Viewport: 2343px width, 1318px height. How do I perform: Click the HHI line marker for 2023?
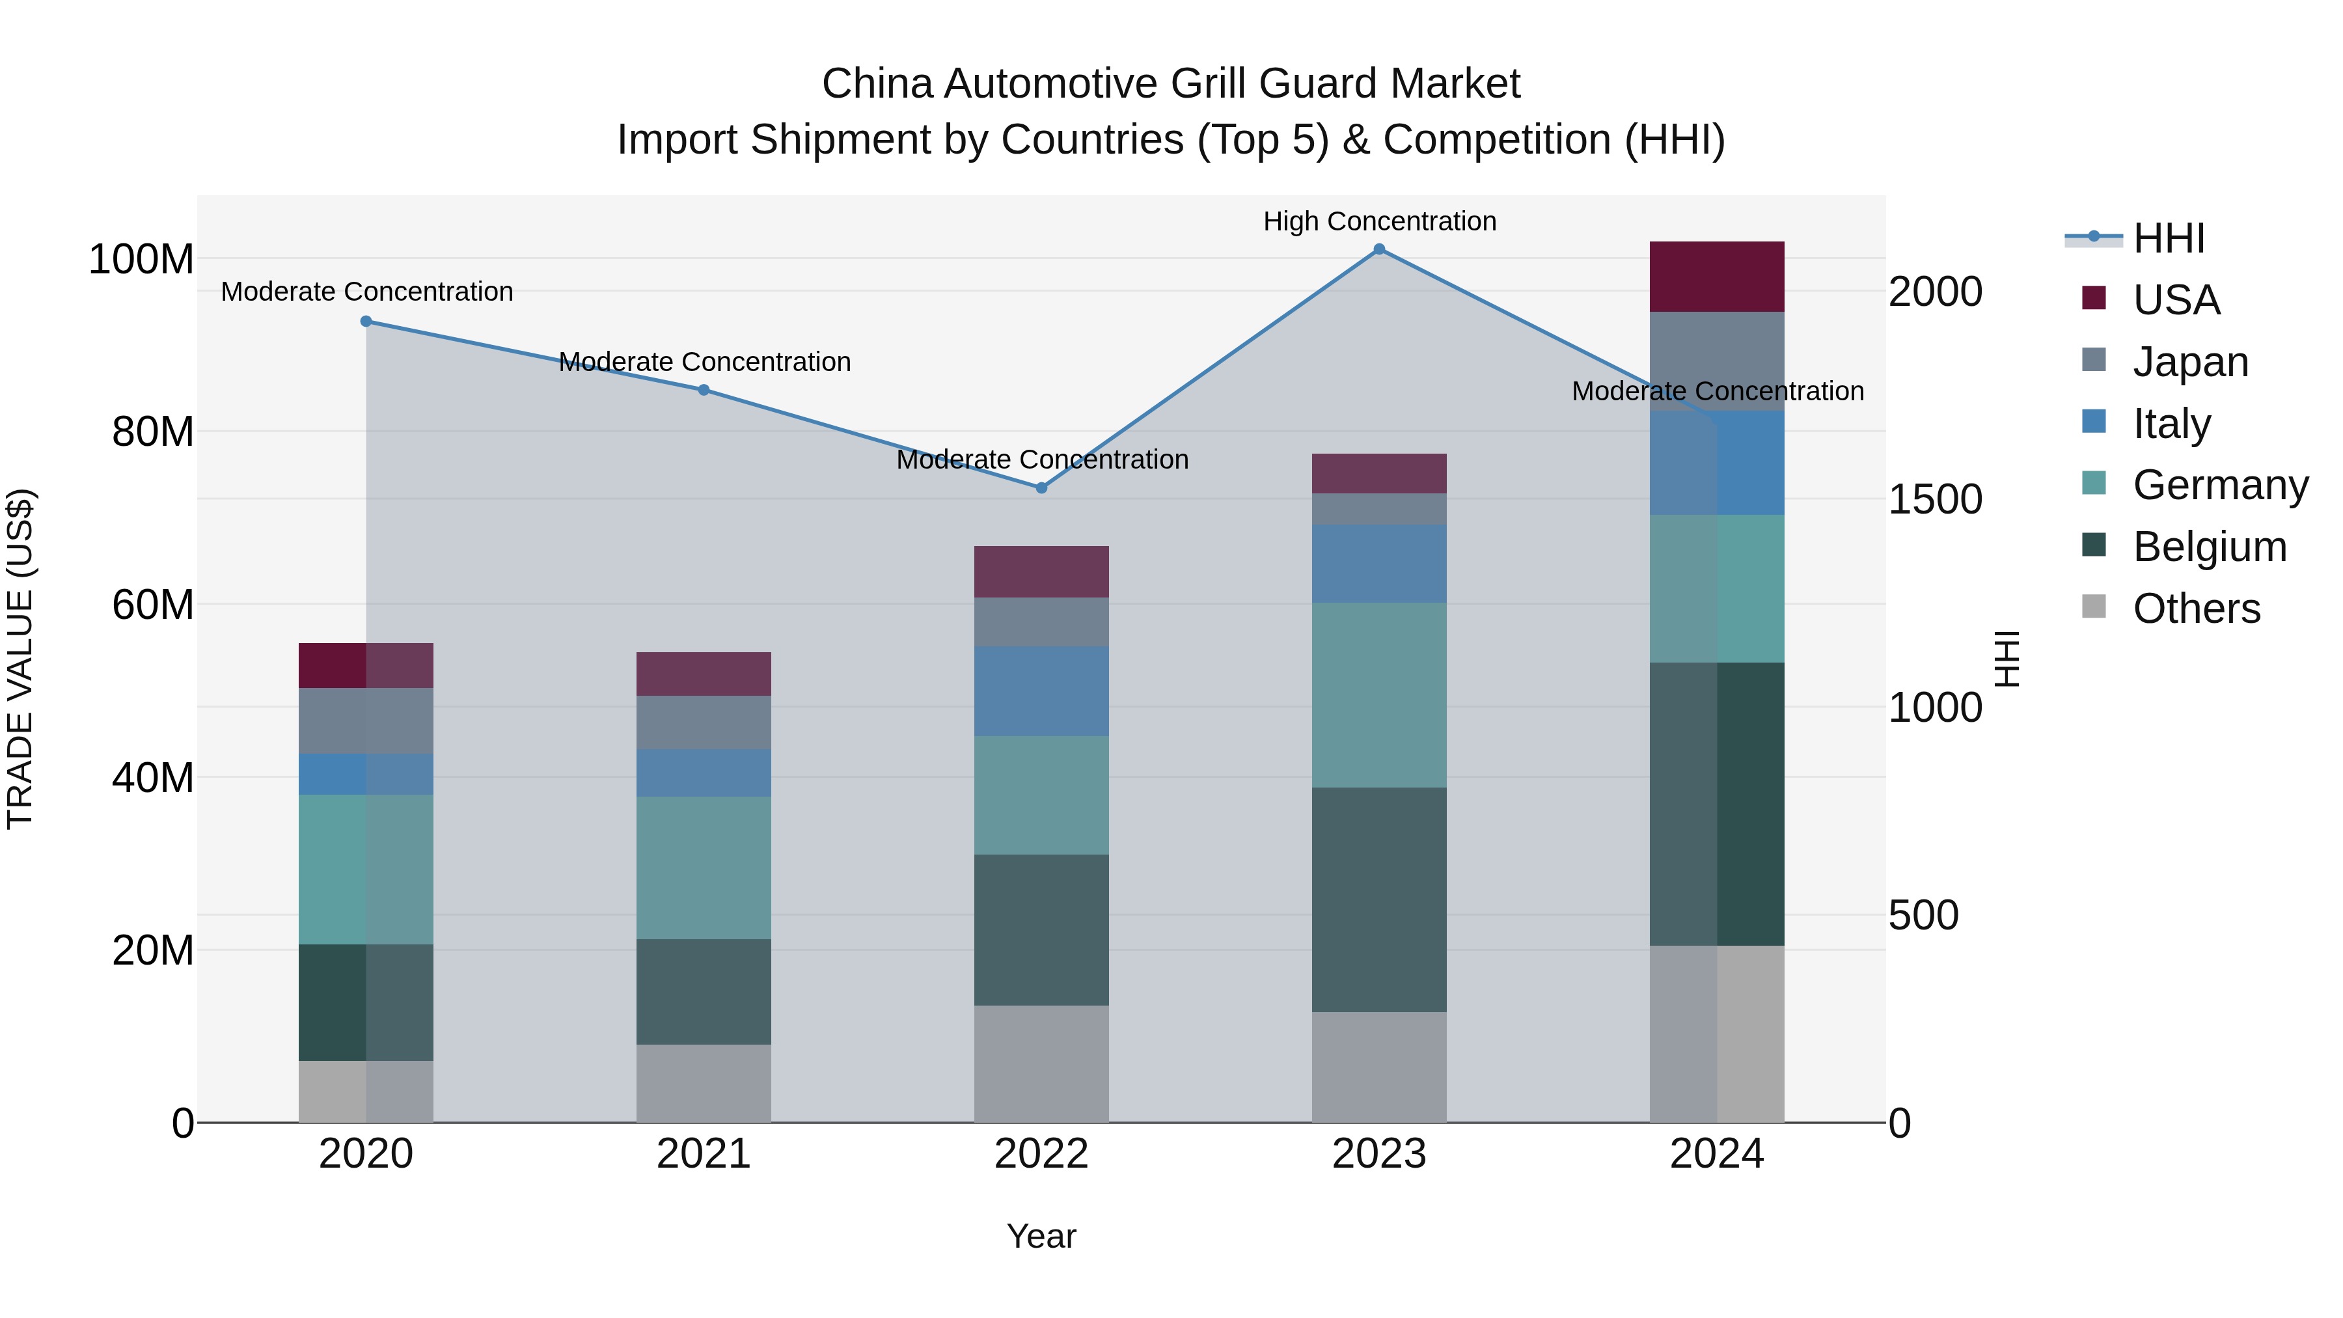pos(1379,249)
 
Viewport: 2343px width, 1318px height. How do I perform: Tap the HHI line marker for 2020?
pos(366,321)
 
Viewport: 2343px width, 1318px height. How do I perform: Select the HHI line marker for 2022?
pos(1041,487)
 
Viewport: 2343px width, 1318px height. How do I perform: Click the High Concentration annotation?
pos(1379,221)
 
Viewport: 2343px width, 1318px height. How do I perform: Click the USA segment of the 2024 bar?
pos(1716,277)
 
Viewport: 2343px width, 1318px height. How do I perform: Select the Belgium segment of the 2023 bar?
pos(1379,899)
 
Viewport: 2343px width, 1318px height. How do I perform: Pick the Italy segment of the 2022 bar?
pos(1041,691)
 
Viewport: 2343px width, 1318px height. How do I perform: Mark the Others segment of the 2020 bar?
pos(366,1091)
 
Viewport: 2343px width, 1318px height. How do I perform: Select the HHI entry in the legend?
pos(2169,238)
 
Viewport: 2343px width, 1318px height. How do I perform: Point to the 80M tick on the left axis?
pos(153,432)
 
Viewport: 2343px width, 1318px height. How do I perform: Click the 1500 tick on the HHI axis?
pos(1936,499)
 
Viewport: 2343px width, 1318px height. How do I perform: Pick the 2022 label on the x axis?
pos(1041,1154)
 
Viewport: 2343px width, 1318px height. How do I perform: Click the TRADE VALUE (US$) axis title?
pos(20,659)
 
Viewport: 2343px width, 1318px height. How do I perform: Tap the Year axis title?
pos(1041,1236)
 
